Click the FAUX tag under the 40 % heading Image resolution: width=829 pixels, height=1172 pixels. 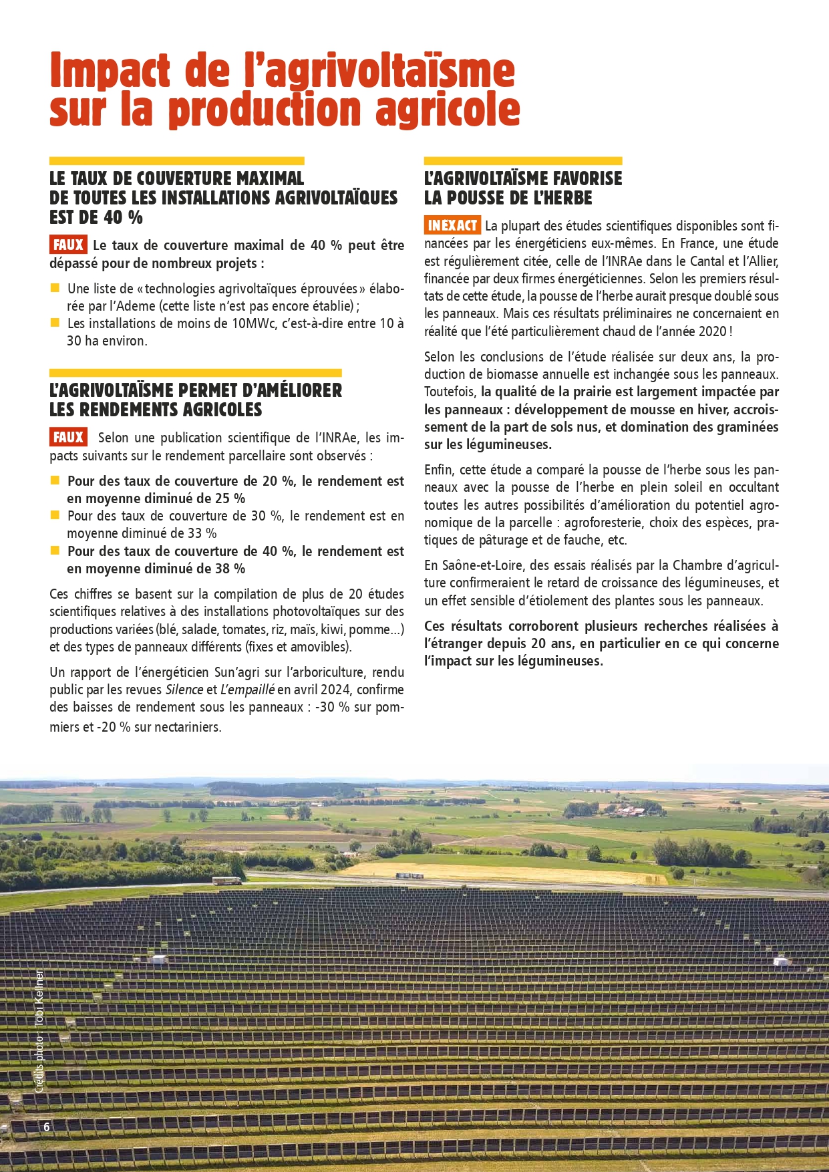68,245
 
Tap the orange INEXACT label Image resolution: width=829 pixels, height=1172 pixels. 452,225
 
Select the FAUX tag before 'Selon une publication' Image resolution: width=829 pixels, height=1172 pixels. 68,437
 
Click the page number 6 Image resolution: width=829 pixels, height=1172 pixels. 47,1127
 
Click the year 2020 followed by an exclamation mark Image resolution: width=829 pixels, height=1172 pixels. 712,331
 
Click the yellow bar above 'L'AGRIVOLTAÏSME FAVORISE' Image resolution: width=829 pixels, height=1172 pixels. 523,161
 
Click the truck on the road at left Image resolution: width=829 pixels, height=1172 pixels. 227,880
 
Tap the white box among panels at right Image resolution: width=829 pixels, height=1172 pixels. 780,962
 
